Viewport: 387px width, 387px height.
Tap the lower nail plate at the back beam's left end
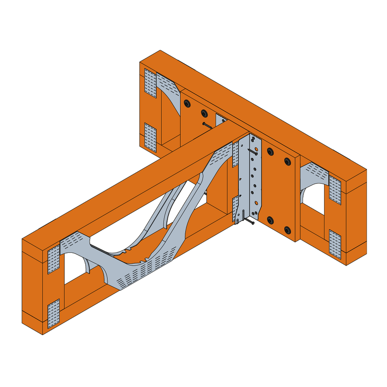click(x=150, y=137)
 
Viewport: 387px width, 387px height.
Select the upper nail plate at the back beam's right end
click(x=335, y=190)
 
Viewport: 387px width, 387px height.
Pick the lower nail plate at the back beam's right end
click(x=335, y=242)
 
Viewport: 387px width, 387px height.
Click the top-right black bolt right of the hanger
click(x=287, y=162)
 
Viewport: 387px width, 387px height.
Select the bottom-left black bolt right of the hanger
click(x=270, y=220)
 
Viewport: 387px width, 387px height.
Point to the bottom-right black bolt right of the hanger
click(x=287, y=230)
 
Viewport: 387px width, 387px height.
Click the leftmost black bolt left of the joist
click(x=187, y=103)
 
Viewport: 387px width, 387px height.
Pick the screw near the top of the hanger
click(x=254, y=152)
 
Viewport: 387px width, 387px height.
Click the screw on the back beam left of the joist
click(x=207, y=126)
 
